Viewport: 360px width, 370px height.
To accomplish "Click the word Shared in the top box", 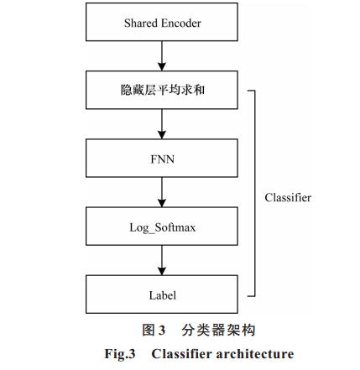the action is coord(141,23).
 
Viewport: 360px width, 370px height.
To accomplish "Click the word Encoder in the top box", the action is coord(181,23).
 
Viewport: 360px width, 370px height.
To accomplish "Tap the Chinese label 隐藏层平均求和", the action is coord(163,90).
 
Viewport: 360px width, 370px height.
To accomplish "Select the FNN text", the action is coord(162,159).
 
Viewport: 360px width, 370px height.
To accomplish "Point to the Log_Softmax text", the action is coord(163,227).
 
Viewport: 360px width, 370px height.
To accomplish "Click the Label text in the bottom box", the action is coord(163,295).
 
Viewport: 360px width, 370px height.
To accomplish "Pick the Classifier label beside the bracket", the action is coord(288,197).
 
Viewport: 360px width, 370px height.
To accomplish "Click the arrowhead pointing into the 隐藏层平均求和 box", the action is coord(162,66).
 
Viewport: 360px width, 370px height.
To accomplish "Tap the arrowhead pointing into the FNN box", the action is coord(162,135).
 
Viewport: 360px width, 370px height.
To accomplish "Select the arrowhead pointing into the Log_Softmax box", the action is coord(162,203).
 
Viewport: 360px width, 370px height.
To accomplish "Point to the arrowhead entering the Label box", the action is coord(162,271).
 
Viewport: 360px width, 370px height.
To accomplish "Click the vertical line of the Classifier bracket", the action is coord(254,193).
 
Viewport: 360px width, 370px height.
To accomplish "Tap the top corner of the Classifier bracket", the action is coord(254,91).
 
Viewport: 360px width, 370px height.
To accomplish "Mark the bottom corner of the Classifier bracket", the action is coord(254,295).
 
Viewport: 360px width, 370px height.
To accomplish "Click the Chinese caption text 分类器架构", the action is coord(218,330).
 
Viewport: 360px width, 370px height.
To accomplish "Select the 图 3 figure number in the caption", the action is coord(154,330).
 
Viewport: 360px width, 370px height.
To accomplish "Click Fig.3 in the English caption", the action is coord(120,354).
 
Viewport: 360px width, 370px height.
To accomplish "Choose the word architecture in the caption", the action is coord(255,354).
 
